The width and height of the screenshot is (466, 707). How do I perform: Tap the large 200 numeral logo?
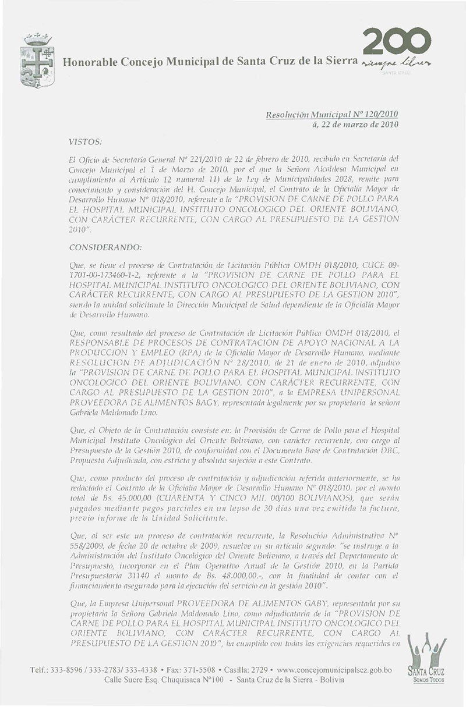click(x=397, y=42)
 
